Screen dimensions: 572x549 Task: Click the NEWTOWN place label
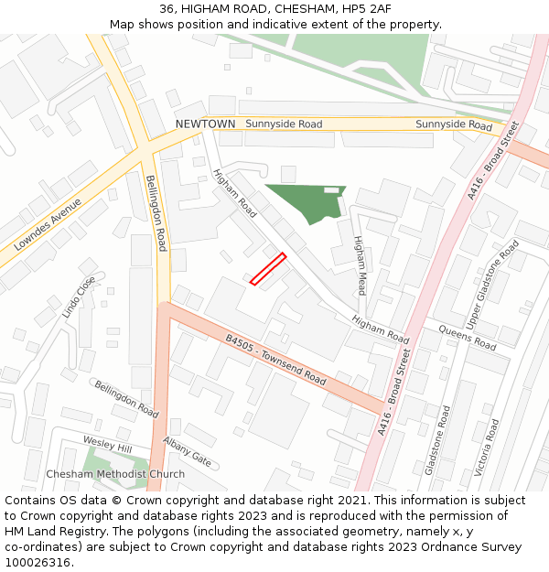pos(205,124)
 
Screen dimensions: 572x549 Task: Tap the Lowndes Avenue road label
pos(48,224)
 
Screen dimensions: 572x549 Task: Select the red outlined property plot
pos(268,269)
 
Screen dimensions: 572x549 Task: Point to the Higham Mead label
pos(360,265)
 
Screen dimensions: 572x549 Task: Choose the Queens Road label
pos(467,338)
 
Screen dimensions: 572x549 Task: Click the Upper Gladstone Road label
pos(493,285)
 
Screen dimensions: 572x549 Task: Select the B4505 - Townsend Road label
pos(275,360)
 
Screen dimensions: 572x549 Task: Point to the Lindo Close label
pos(79,297)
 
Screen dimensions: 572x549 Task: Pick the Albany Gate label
pos(187,452)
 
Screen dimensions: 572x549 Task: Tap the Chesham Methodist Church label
pos(115,474)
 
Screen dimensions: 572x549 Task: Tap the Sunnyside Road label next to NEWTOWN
pos(284,124)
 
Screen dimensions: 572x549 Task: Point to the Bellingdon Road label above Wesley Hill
pos(126,400)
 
